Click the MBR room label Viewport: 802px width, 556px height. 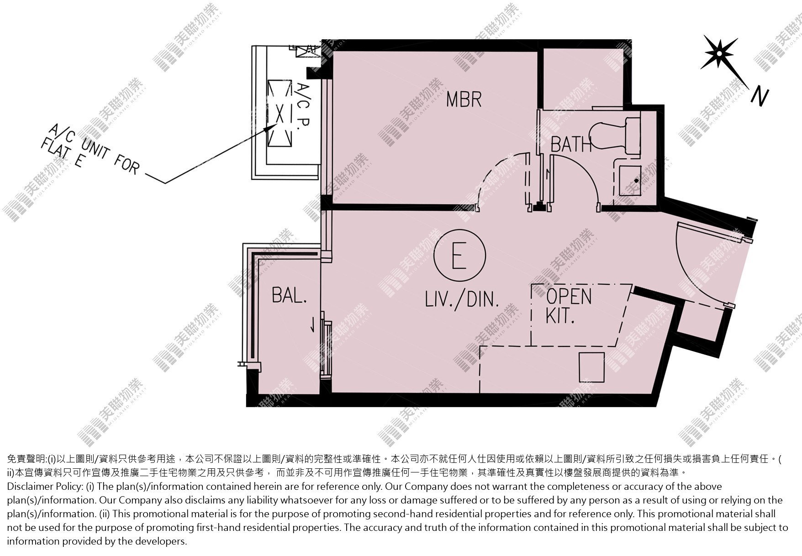click(x=464, y=99)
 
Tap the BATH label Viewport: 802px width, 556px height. click(x=571, y=144)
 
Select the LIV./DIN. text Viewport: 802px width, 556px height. click(x=461, y=299)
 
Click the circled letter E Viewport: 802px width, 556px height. click(x=460, y=254)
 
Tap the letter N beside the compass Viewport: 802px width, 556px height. click(x=760, y=97)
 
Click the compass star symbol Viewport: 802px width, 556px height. click(x=719, y=53)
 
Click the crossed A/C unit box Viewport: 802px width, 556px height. click(x=279, y=113)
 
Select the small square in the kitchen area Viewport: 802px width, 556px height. click(x=591, y=367)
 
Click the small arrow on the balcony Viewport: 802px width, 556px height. click(x=312, y=324)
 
